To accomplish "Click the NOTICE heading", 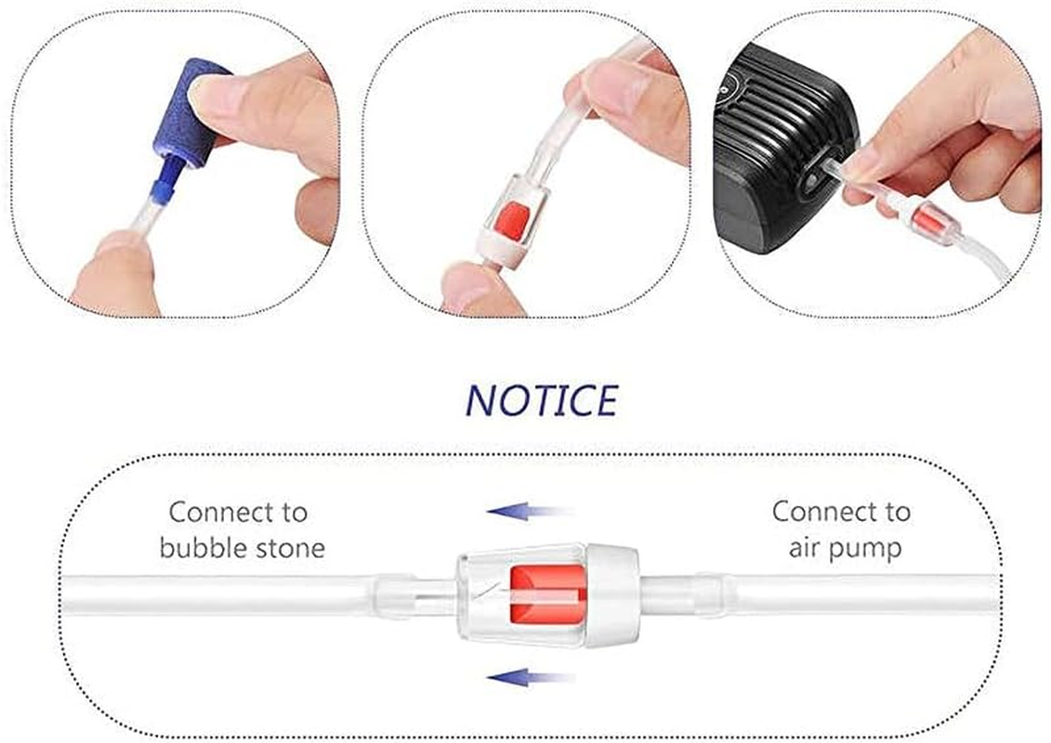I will pos(541,399).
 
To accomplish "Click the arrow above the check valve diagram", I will pos(531,510).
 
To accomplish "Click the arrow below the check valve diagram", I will pos(531,677).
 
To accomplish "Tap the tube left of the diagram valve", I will pos(232,594).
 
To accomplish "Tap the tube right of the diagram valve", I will pos(836,594).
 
